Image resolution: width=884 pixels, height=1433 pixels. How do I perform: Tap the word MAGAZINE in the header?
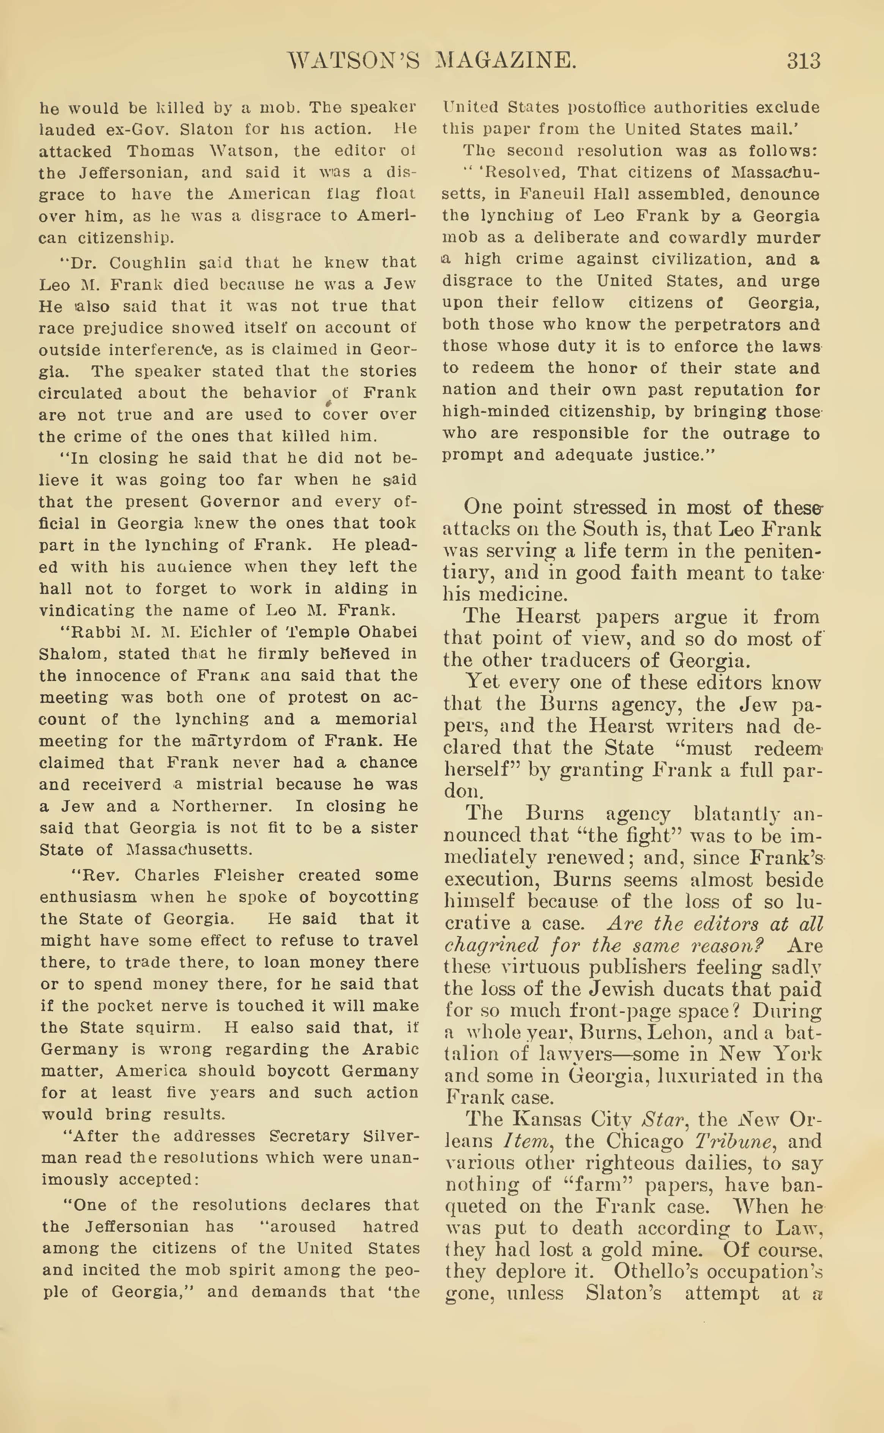click(506, 61)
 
